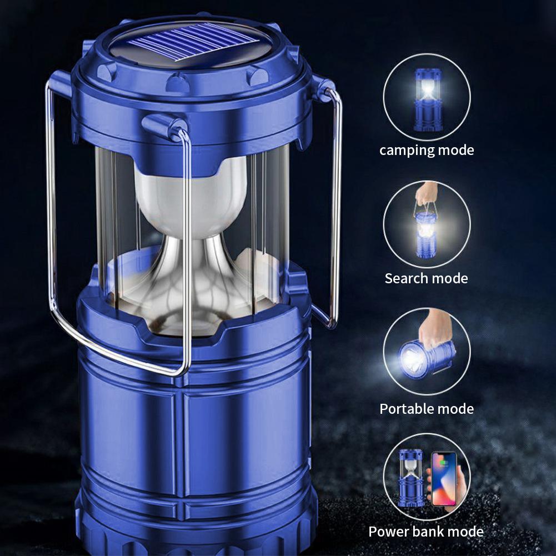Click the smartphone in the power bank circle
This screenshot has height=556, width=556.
point(444,479)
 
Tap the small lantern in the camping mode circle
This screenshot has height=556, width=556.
point(428,100)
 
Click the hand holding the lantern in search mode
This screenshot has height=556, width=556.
point(427,193)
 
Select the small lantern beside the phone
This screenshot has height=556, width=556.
point(411,478)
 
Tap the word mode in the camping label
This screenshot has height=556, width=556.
point(456,151)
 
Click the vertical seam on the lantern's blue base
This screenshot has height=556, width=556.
point(179,443)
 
